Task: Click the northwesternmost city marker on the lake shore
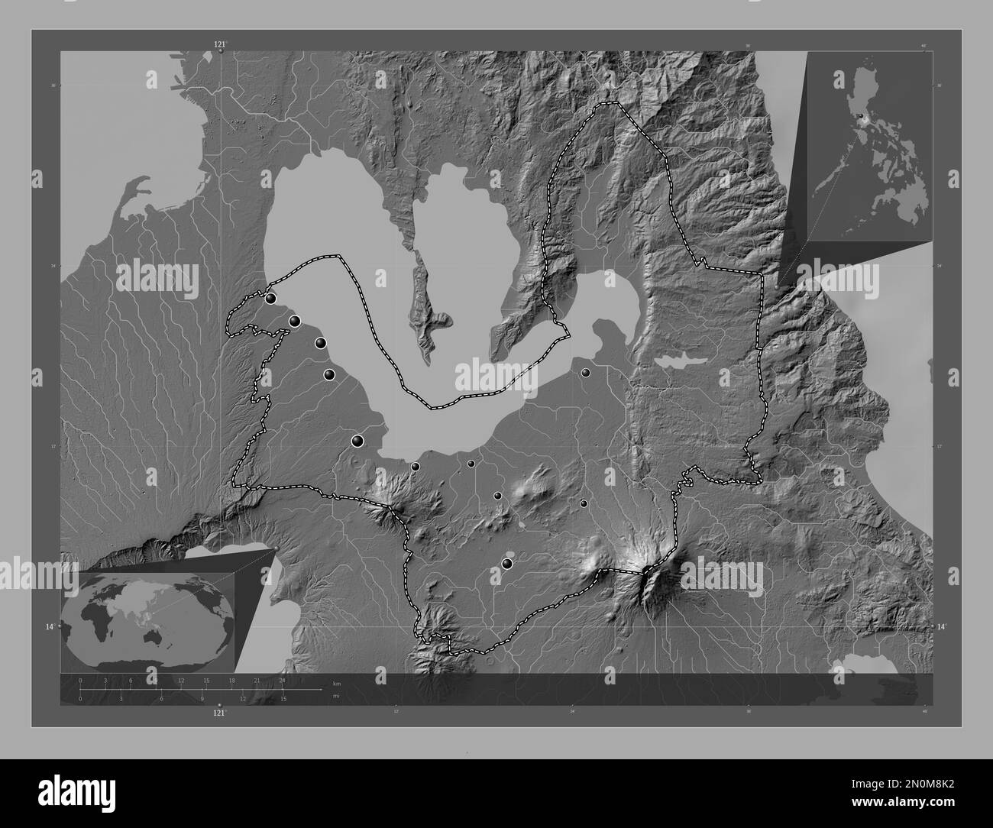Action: tap(270, 299)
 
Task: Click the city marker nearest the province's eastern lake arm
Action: tap(585, 373)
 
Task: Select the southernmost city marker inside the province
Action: tap(506, 564)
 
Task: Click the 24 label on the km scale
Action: tap(282, 680)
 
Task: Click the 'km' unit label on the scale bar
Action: tap(336, 683)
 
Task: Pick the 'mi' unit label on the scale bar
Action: tap(335, 696)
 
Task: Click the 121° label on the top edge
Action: tap(220, 45)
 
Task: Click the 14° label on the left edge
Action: tap(50, 626)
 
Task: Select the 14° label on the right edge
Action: tap(942, 626)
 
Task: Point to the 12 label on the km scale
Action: tap(180, 680)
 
